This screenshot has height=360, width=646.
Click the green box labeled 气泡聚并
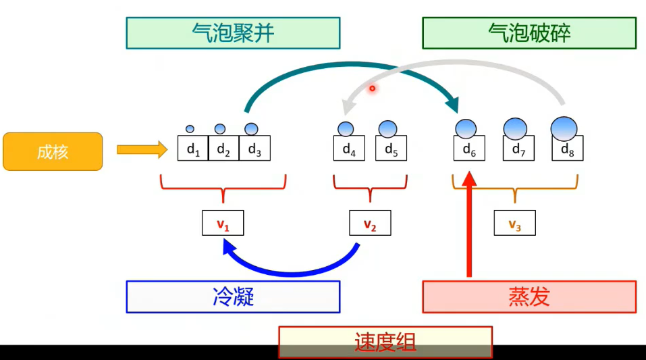click(233, 33)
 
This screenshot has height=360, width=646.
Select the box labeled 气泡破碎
click(529, 33)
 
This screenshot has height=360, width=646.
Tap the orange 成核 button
click(53, 151)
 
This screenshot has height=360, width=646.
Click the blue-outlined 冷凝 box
click(233, 297)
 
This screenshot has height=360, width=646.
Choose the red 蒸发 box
click(529, 297)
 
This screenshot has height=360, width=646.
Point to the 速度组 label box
click(385, 342)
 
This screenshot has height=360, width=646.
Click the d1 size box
click(193, 149)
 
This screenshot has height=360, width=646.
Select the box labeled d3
click(254, 149)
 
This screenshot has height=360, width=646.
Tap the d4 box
click(349, 149)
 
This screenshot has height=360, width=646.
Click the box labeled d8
click(567, 149)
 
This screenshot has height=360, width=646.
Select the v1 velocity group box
click(223, 223)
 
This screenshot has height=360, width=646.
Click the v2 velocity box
click(370, 223)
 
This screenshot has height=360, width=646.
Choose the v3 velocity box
click(514, 223)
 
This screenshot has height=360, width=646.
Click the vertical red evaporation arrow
click(470, 230)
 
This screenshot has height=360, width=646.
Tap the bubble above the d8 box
click(564, 127)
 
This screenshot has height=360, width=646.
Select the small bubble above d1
click(190, 129)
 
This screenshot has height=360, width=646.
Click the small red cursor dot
click(371, 88)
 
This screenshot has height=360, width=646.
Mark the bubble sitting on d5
click(387, 128)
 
